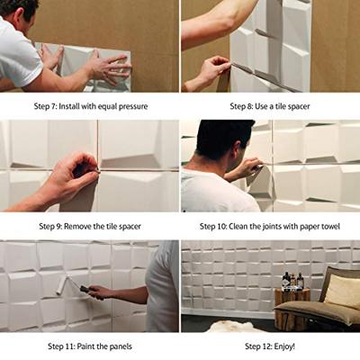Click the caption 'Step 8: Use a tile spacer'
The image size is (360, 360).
click(x=269, y=106)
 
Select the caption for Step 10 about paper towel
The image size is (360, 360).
click(x=269, y=226)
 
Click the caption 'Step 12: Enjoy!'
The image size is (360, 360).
click(x=269, y=346)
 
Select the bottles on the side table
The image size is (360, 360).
click(x=291, y=282)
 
